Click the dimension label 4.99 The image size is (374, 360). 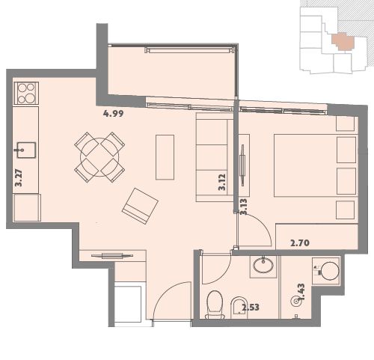click(x=114, y=114)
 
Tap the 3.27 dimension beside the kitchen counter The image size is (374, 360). click(x=19, y=178)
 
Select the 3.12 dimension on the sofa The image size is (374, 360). click(x=222, y=182)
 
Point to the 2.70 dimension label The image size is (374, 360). click(x=300, y=242)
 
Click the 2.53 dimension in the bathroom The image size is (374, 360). click(x=251, y=308)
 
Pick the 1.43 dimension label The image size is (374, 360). click(x=301, y=292)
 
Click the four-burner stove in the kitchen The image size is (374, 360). click(x=26, y=94)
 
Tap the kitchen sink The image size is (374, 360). click(x=26, y=150)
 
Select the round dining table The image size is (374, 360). click(x=99, y=157)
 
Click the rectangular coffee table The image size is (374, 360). click(x=165, y=157)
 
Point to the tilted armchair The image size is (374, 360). click(x=140, y=206)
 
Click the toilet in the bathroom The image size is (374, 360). click(x=215, y=305)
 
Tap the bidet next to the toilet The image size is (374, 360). click(x=239, y=308)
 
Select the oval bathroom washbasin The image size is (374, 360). click(x=263, y=265)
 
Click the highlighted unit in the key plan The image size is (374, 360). click(x=343, y=41)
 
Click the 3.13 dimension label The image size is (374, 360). click(x=244, y=207)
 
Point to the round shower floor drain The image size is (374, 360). click(x=296, y=302)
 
